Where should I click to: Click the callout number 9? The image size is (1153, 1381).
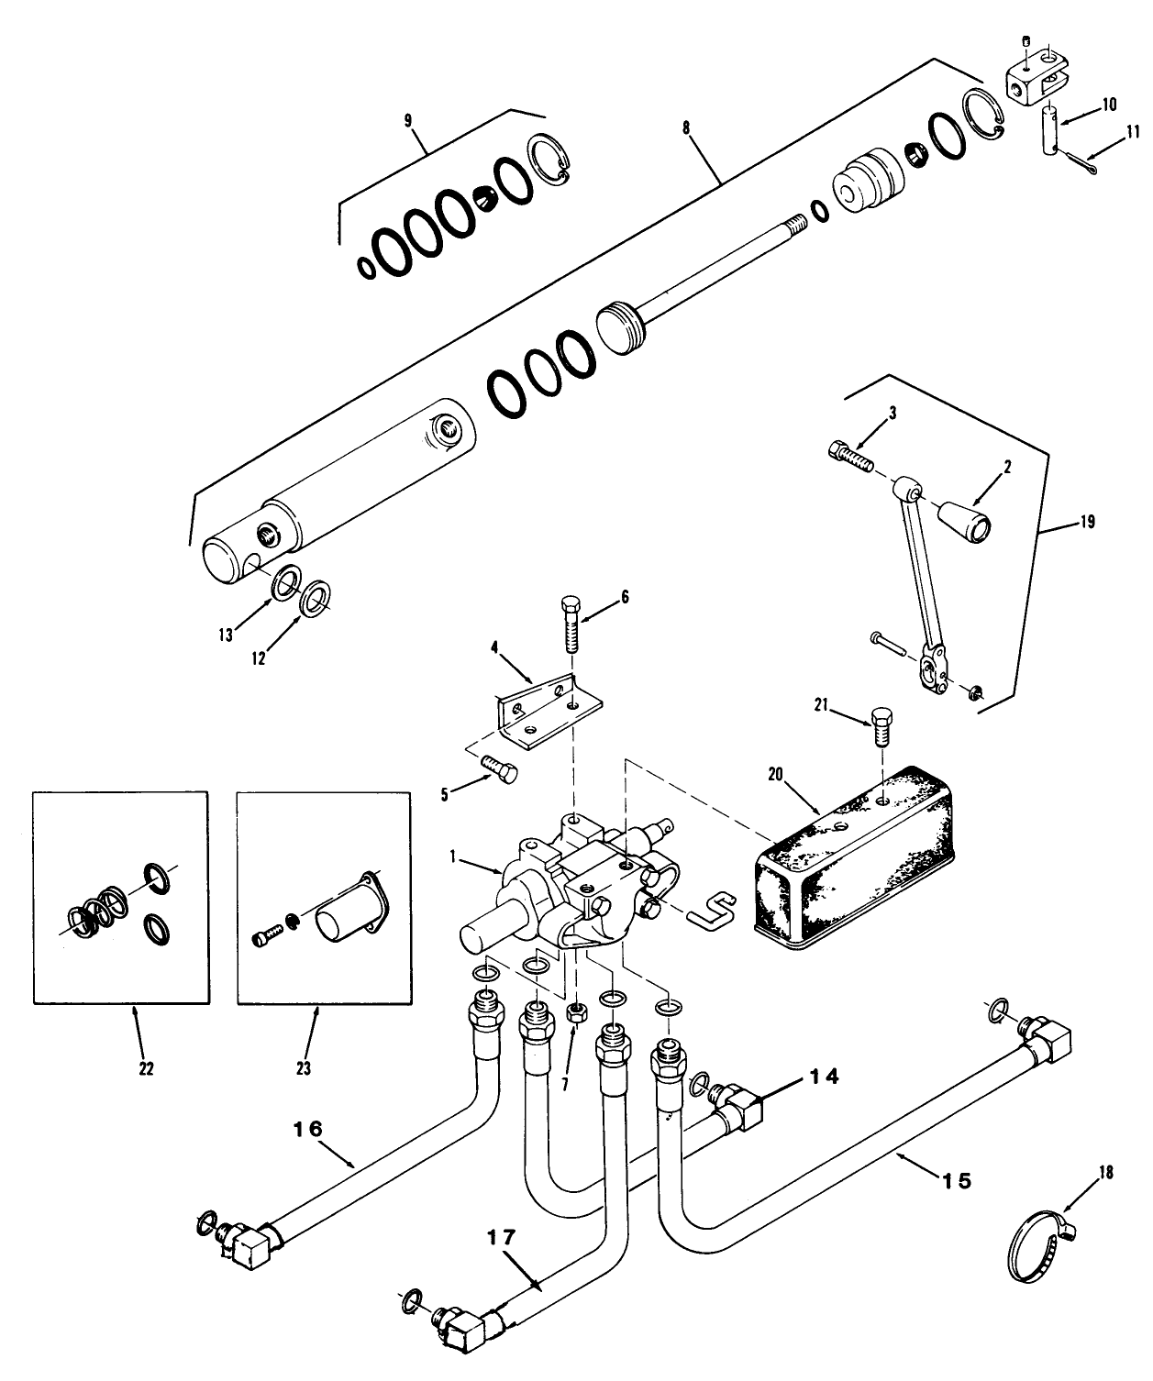408,121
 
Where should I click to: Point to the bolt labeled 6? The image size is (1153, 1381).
570,623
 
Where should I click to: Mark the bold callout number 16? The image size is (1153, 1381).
308,1129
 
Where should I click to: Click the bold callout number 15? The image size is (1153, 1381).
956,1180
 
